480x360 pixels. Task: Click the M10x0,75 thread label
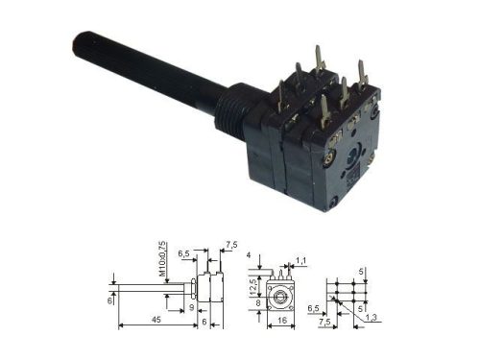click(x=163, y=260)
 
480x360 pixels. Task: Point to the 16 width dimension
click(x=281, y=321)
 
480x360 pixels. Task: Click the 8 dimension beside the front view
click(x=256, y=302)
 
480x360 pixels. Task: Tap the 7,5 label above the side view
click(x=229, y=245)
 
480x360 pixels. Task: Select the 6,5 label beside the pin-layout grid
click(x=313, y=308)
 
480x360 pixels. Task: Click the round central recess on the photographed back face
click(x=356, y=155)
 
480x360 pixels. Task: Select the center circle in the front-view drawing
click(x=281, y=292)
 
